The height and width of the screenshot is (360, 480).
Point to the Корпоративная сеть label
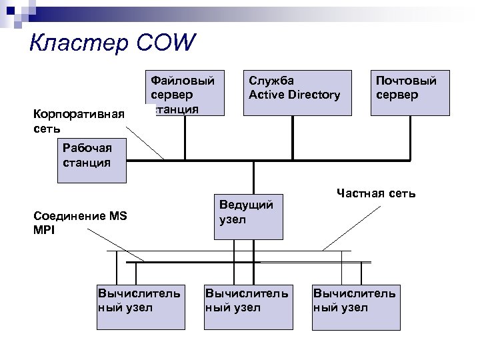79,120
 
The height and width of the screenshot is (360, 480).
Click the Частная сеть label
376,193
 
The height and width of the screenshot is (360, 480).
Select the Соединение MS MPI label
80,222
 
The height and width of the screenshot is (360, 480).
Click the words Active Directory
294,95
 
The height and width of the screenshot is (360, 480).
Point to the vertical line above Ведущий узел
254,177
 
